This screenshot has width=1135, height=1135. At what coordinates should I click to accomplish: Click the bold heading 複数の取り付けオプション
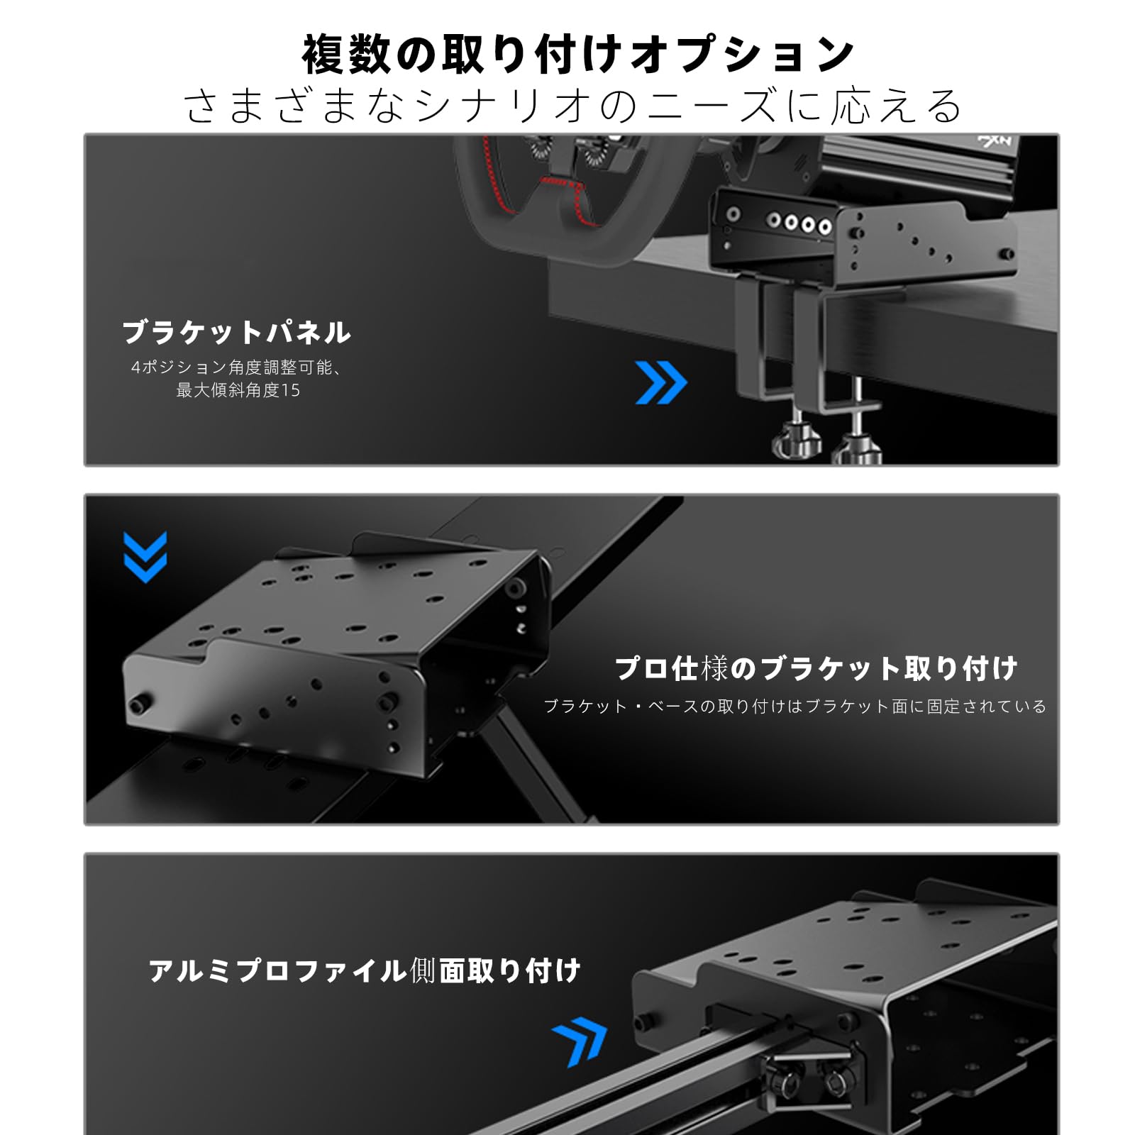click(577, 55)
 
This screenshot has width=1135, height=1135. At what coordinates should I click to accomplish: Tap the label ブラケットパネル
click(237, 332)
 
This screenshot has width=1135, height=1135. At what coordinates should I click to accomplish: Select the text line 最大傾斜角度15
click(238, 390)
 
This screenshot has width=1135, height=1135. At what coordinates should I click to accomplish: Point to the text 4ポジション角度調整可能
click(234, 367)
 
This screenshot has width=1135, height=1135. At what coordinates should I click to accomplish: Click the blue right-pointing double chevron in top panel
click(660, 383)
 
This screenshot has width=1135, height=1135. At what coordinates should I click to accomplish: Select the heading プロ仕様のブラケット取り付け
click(816, 668)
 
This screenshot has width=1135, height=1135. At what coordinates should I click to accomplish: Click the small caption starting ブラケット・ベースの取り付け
click(794, 707)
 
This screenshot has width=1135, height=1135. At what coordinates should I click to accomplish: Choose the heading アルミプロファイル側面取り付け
click(365, 970)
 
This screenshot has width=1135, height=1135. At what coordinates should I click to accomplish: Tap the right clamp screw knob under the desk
click(857, 447)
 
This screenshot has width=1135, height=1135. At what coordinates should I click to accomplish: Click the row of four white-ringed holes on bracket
click(799, 223)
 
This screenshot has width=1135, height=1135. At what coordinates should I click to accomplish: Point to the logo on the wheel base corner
click(996, 143)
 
